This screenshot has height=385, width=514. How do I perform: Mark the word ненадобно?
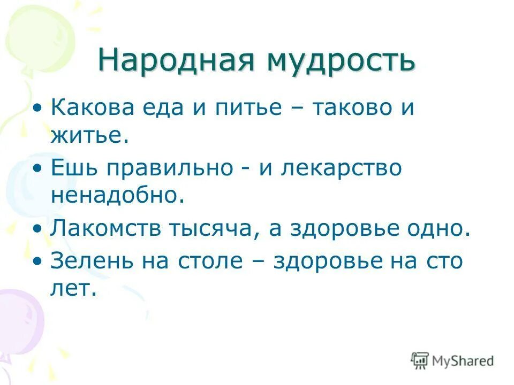point(118,196)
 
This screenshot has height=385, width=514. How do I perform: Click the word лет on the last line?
point(72,289)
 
